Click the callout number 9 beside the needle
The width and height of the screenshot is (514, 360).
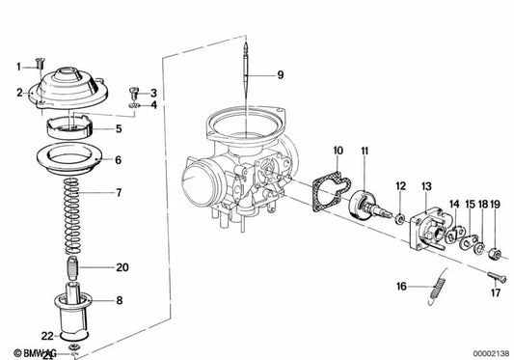point(281,74)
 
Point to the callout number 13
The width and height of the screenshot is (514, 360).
point(425,181)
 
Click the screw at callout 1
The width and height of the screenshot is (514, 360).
point(37,65)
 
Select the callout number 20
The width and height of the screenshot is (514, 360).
point(122,266)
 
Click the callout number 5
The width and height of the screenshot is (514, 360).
point(146,128)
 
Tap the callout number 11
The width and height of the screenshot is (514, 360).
point(365,151)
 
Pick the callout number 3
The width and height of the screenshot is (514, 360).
point(152,93)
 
